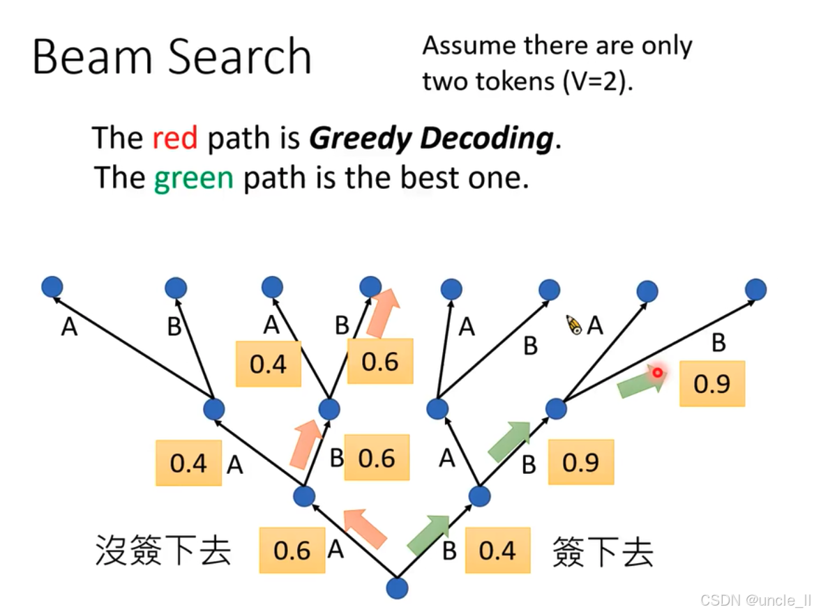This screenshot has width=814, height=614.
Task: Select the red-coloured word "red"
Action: pyautogui.click(x=175, y=138)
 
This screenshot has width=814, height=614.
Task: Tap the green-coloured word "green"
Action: pyautogui.click(x=193, y=179)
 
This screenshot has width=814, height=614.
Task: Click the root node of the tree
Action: pyautogui.click(x=397, y=588)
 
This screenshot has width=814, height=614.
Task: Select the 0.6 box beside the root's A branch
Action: pyautogui.click(x=292, y=551)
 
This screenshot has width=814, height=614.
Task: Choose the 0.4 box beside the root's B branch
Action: pyautogui.click(x=497, y=551)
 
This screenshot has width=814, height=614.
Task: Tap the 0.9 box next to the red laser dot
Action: pyautogui.click(x=711, y=384)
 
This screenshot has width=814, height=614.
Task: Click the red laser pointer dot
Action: pyautogui.click(x=657, y=373)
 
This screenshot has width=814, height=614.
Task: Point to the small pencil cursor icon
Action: pyautogui.click(x=574, y=325)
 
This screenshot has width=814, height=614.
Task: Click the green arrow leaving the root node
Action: pyautogui.click(x=427, y=535)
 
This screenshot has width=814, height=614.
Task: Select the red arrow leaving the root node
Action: pyautogui.click(x=365, y=528)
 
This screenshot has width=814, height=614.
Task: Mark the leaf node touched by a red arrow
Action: pyautogui.click(x=370, y=286)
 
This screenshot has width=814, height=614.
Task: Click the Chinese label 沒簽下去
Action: pyautogui.click(x=163, y=551)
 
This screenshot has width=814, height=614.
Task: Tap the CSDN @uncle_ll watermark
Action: pyautogui.click(x=755, y=600)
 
